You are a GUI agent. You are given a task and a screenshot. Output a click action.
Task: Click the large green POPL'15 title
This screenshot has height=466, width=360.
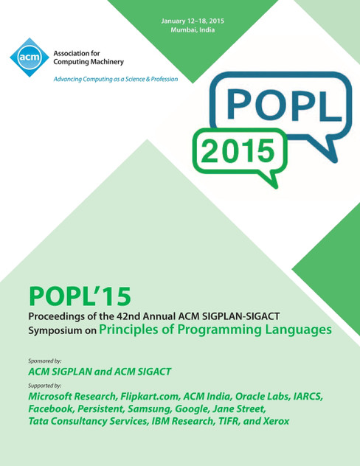click(x=80, y=295)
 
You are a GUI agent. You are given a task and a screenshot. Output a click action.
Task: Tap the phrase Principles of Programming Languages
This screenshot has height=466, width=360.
click(x=215, y=330)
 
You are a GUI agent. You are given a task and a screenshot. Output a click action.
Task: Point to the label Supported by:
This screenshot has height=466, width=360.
click(x=44, y=386)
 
